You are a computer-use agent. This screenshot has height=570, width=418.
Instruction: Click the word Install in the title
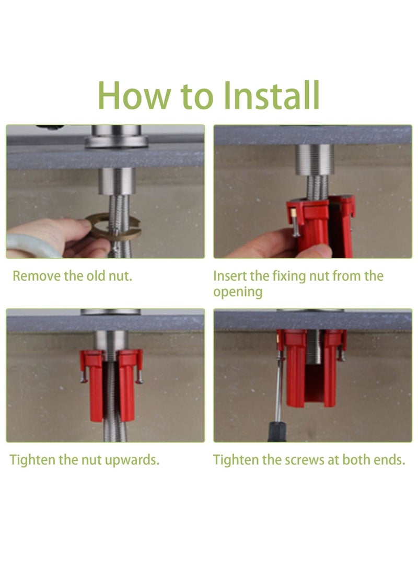[271, 95]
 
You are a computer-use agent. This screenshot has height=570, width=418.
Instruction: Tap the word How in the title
[134, 95]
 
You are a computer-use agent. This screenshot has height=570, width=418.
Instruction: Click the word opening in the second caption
[238, 292]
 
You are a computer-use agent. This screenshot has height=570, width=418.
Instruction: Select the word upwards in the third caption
[132, 460]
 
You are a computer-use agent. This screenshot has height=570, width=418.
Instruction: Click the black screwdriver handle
[277, 432]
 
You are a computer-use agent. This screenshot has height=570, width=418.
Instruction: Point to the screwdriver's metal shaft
[279, 388]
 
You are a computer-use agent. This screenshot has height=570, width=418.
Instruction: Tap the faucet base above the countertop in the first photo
[117, 137]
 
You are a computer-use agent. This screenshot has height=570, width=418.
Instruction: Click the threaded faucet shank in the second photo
[315, 159]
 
